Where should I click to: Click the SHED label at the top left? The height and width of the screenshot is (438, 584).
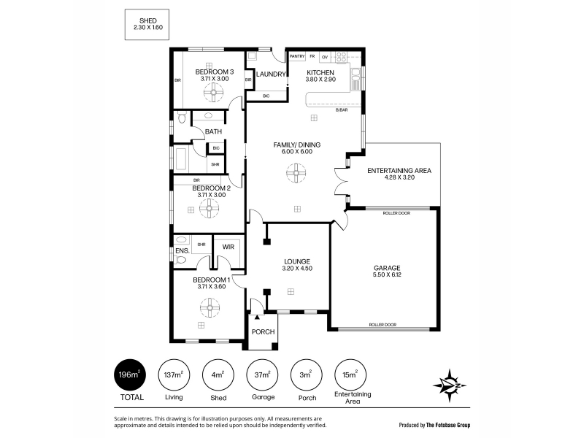point(148,21)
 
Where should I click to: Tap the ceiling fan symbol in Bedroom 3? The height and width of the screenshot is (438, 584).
point(214,93)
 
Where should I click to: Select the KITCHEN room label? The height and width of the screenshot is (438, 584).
point(320,72)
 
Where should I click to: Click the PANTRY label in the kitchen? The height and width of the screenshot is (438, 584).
point(297,56)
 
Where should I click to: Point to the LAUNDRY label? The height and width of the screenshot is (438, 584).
point(271,74)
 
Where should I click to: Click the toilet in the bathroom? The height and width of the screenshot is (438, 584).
point(181,118)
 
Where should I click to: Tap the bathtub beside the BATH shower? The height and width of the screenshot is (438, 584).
point(181,159)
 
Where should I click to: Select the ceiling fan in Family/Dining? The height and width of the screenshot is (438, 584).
point(296,173)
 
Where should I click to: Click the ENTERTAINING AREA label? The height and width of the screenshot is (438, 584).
point(399,171)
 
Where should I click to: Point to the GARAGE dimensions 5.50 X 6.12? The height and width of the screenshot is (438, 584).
point(387,275)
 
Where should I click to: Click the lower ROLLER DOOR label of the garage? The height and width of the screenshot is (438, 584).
point(383,325)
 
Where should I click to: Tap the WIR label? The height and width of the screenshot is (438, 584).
point(228,247)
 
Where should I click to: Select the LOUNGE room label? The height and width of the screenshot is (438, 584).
point(297,262)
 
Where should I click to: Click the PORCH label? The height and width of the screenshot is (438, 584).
point(263,332)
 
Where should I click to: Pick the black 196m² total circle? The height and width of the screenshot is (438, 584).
point(130,374)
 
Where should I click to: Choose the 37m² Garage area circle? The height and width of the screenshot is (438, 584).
point(262,374)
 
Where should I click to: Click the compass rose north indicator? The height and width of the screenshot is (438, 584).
point(450,385)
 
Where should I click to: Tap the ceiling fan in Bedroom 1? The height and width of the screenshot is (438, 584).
point(210,307)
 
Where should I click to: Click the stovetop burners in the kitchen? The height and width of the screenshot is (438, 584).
point(341,57)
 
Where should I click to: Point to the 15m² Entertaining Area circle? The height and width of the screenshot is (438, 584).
point(350,374)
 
